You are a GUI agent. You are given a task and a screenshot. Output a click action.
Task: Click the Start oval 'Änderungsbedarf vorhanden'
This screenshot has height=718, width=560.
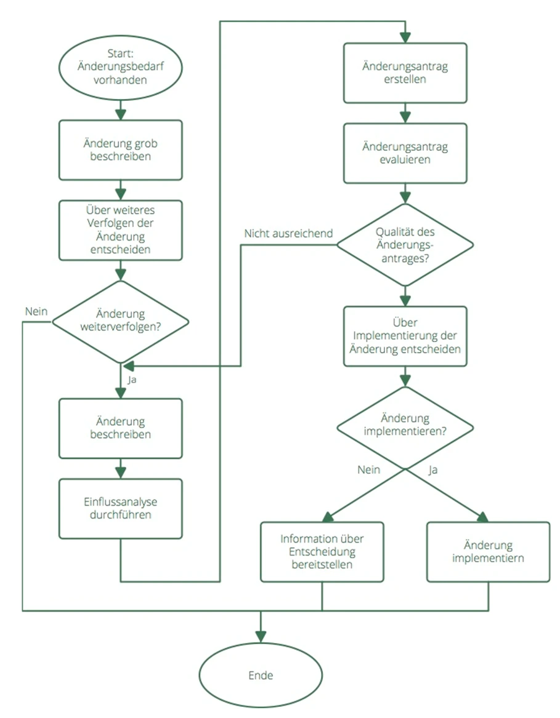coord(120,68)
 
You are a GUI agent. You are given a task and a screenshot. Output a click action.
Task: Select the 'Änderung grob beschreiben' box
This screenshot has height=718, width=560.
coord(121,150)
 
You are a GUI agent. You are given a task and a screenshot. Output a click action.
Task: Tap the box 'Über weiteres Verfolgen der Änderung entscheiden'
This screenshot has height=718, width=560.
coord(121,230)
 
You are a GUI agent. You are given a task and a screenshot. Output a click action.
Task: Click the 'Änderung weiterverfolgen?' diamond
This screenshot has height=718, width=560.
coord(121,321)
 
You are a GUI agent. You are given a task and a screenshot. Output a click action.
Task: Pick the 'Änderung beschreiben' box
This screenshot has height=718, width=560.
coord(121,428)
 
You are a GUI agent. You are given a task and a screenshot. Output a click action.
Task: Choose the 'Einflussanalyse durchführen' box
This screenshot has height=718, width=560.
coord(121,509)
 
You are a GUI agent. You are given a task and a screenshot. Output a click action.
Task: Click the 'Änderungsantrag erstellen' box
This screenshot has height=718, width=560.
coord(405,73)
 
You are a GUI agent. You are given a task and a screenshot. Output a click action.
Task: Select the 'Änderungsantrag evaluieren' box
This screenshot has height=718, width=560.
coord(405,153)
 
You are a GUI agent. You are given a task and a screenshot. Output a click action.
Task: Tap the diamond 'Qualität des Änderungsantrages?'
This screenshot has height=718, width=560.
coord(405,245)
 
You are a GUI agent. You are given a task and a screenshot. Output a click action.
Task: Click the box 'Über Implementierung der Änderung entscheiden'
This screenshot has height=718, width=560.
coord(405,336)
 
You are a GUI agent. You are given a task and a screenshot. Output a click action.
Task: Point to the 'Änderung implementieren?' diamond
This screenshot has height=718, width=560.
coord(405,428)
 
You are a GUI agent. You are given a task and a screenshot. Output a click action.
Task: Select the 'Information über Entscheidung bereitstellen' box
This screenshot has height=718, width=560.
coord(322,552)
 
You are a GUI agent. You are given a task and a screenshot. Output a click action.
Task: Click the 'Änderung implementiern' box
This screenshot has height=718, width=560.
coord(488,552)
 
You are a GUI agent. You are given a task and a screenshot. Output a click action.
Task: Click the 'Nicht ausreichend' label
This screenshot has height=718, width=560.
coord(288,234)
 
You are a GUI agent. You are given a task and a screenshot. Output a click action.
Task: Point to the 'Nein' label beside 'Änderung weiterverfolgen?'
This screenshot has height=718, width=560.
coord(36,311)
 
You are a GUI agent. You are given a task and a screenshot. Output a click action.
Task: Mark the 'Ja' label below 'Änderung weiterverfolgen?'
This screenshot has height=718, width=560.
coord(132,380)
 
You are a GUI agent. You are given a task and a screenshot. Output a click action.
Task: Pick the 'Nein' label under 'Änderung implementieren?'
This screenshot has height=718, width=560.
coord(369,470)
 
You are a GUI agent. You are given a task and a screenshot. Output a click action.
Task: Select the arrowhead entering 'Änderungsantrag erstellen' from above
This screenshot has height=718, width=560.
coord(405,37)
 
